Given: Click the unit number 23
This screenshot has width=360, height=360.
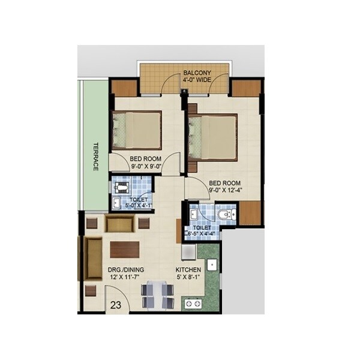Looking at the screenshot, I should pyautogui.click(x=116, y=305).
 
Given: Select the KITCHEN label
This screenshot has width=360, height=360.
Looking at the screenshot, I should pyautogui.click(x=188, y=270).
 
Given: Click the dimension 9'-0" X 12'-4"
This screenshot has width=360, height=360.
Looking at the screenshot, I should pyautogui.click(x=226, y=191).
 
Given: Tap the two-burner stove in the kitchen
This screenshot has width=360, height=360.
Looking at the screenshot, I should pyautogui.click(x=194, y=304).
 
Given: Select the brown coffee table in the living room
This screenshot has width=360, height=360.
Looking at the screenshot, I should pyautogui.click(x=125, y=249).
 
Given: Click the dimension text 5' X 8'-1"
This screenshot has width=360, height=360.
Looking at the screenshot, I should pyautogui.click(x=188, y=278).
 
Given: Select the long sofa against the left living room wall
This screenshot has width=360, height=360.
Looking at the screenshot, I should pyautogui.click(x=94, y=258).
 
